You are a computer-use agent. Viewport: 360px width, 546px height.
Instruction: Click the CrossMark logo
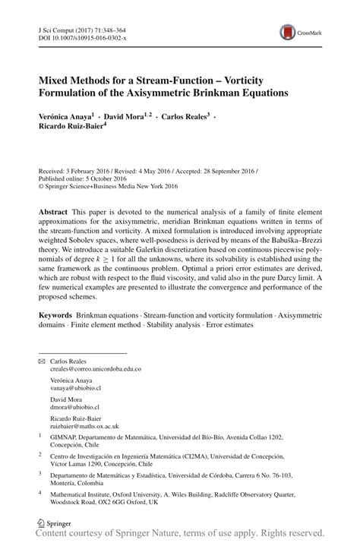click(x=290, y=31)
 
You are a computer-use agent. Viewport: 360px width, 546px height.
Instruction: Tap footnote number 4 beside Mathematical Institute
click(x=40, y=492)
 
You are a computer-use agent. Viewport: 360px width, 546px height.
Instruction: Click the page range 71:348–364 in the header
click(x=111, y=27)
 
